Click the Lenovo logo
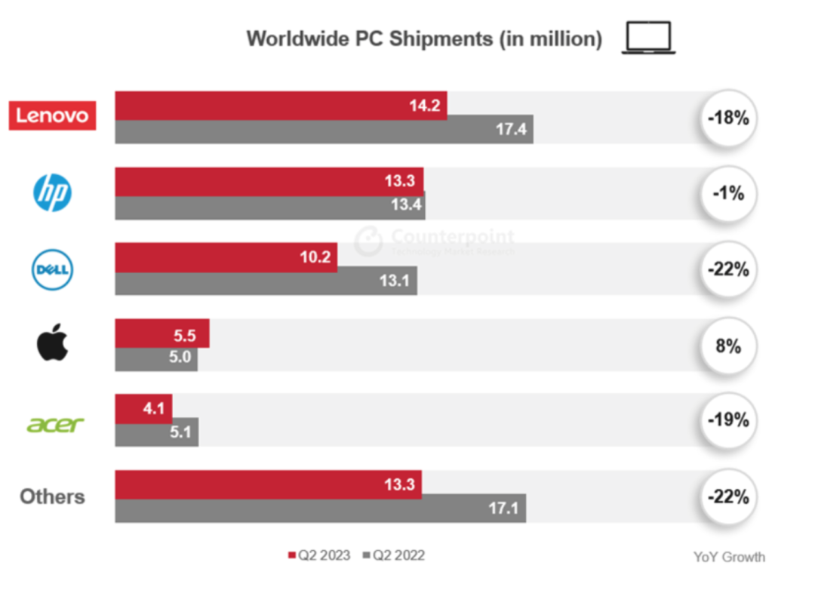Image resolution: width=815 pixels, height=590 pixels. coord(52,115)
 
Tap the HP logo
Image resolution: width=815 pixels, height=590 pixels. coord(52,193)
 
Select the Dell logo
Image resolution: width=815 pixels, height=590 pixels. coord(52,270)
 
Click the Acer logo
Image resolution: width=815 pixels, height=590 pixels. coord(55,424)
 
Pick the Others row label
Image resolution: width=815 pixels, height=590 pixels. coord(52,496)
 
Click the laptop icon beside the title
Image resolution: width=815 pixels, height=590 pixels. coord(648,38)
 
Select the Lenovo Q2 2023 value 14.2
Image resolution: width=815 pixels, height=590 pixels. coord(425,105)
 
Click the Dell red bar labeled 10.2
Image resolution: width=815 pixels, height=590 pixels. coord(226,257)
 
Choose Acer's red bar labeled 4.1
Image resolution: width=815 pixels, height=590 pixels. coord(143,409)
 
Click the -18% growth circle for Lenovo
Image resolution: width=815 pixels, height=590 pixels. coord(728,118)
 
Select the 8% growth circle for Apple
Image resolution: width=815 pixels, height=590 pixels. coord(728,346)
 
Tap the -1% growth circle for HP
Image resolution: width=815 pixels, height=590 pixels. coord(728,194)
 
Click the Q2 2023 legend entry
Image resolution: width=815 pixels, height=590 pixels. coord(319,556)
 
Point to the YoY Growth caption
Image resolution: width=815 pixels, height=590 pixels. coord(729,557)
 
